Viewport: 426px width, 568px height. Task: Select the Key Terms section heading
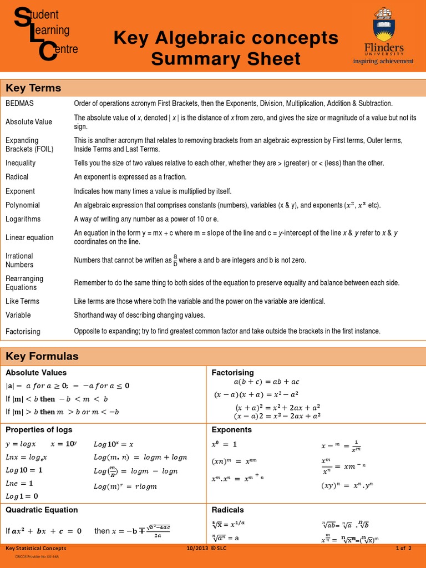point(33,88)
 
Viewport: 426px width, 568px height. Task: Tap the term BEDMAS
point(20,104)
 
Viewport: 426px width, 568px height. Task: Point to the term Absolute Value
point(29,122)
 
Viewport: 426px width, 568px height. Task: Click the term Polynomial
point(23,205)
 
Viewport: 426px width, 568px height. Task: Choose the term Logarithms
point(23,219)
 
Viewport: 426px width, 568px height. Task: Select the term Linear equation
point(29,237)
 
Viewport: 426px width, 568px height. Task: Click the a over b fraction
point(175,260)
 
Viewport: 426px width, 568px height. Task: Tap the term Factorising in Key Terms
point(23,332)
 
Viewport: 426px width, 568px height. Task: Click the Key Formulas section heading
point(42,356)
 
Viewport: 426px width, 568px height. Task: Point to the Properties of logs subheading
point(39,430)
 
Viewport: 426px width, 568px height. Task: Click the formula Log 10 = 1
point(24,470)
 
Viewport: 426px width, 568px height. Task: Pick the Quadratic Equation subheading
point(42,510)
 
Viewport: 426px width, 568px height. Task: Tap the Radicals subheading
point(228,510)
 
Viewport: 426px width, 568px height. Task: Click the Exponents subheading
point(232,430)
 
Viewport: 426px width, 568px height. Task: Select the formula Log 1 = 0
point(22,496)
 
